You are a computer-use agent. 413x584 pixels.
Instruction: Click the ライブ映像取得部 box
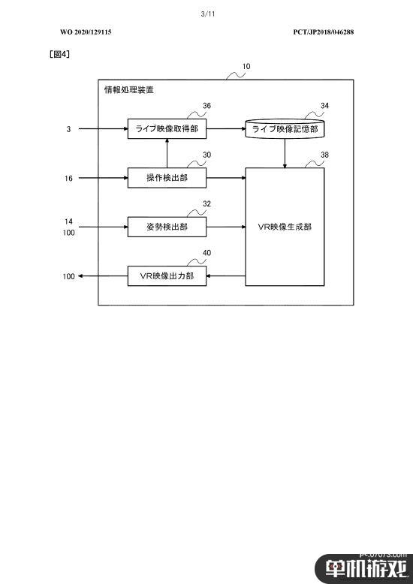pos(167,129)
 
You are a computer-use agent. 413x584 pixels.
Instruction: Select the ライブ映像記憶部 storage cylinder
pos(285,129)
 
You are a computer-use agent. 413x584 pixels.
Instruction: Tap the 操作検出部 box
pos(167,178)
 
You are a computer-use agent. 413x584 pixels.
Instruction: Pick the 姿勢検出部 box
pos(167,227)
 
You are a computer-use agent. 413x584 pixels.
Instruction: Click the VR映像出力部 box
pos(167,276)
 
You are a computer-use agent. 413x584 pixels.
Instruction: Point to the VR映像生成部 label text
pos(285,227)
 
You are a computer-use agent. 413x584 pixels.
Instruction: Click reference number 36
pos(206,106)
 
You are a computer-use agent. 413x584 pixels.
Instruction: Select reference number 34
pos(324,106)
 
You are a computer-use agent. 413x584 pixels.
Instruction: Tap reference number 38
pos(324,155)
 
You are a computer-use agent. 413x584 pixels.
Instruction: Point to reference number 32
pos(206,203)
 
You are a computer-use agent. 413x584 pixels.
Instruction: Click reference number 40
pos(206,253)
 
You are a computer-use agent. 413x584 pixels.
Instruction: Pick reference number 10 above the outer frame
pos(246,67)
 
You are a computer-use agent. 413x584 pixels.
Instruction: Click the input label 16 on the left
pos(68,179)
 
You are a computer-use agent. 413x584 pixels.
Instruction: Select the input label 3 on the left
pos(68,129)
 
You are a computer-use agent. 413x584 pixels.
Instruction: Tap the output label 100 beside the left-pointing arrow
pos(68,276)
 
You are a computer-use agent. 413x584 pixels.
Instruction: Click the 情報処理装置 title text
pos(129,90)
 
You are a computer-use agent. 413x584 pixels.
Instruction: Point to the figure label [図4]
pos(59,54)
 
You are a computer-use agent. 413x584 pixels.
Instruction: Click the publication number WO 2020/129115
pos(86,32)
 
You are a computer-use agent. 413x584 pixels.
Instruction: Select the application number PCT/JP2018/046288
pos(324,32)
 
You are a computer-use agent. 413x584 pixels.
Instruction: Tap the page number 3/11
pos(208,14)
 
